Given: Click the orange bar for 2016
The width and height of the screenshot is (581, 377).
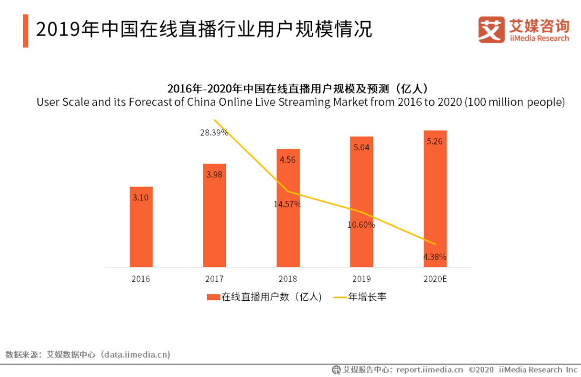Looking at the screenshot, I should coord(141,227).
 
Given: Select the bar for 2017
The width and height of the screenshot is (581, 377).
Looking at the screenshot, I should coord(214,215).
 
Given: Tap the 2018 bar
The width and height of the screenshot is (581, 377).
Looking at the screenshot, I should coord(288,208).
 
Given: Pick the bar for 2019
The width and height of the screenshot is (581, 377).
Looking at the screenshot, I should coord(362,201).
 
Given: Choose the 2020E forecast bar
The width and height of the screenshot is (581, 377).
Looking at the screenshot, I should coord(435,199).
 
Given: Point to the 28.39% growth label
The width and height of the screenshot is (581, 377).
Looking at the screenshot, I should coord(214,132).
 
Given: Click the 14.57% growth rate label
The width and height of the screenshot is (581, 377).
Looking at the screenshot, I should coord(288,204).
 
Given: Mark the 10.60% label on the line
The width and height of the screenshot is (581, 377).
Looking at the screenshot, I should coord(361,225).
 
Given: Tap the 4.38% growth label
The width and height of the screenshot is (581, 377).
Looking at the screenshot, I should coord(435,257).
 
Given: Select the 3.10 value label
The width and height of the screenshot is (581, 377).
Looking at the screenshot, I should coord(140,197).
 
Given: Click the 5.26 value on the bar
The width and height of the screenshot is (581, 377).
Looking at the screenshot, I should coord(435,142).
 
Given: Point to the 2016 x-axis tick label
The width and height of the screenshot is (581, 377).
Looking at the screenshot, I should coord(140,279).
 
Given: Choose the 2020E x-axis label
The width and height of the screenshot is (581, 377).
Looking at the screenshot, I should coord(435,279).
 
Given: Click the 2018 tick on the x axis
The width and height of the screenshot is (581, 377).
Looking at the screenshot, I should coord(288,279).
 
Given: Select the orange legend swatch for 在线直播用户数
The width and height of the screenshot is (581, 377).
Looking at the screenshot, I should coord(214,297).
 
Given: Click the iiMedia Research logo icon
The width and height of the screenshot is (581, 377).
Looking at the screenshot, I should coord(491,30).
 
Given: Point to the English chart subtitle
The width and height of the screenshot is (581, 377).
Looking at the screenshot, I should coord(301,102).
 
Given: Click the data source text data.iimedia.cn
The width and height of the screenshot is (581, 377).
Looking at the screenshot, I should coord(137,354).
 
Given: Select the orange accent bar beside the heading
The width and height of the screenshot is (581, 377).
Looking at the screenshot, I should coord(25,31).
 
